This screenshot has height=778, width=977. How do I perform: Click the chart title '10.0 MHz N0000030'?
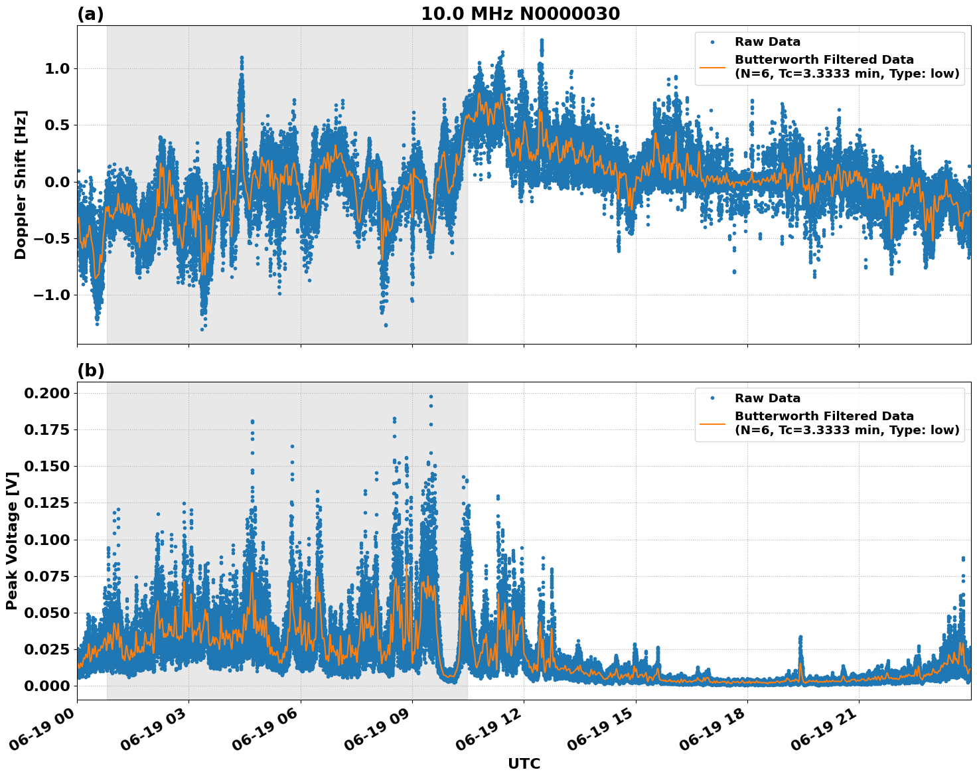(520, 14)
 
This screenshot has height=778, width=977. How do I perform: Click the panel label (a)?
(90, 14)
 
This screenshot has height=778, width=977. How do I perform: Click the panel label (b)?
(90, 370)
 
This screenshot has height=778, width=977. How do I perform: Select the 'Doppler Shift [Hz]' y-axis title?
(21, 185)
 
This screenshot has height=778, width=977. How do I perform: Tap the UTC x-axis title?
(524, 763)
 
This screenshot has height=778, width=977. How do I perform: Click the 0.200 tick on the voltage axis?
(46, 394)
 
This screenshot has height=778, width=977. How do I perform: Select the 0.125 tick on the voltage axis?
(46, 503)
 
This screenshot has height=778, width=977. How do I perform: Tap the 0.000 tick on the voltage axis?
(46, 686)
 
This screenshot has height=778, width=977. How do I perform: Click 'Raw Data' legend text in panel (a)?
(767, 42)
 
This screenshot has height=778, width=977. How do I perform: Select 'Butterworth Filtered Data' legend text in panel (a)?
(824, 60)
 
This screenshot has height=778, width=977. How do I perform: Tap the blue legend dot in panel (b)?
(712, 398)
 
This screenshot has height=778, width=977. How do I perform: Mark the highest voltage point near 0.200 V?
(431, 396)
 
